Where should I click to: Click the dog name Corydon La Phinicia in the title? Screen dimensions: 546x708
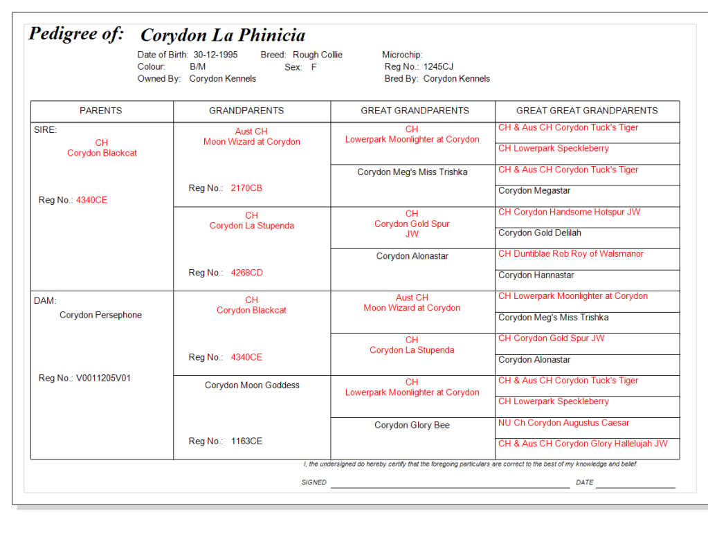(x=222, y=35)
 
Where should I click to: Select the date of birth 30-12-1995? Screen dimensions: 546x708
(x=215, y=55)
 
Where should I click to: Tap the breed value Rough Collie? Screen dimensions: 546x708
(x=317, y=55)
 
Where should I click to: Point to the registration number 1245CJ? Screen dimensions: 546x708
(x=438, y=67)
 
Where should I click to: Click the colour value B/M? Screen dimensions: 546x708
(x=197, y=67)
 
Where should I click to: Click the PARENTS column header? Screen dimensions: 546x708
(x=101, y=111)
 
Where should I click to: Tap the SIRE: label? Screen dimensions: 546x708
(x=46, y=129)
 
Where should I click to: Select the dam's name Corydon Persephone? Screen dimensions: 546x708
(x=100, y=315)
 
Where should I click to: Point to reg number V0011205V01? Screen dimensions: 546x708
(x=103, y=378)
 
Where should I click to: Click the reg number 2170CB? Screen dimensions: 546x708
(x=246, y=188)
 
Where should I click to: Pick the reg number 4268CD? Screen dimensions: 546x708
(x=247, y=273)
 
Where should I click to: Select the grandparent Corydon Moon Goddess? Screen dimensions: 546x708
(x=252, y=385)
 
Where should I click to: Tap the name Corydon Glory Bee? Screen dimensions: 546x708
(x=412, y=425)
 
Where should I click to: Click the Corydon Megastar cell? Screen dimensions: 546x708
(x=534, y=190)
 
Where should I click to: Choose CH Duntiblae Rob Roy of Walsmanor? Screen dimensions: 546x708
(x=571, y=254)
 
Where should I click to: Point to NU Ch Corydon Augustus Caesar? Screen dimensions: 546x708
(x=564, y=423)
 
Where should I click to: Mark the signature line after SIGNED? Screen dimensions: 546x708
(x=450, y=486)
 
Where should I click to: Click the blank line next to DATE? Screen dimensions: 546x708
(x=635, y=486)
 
